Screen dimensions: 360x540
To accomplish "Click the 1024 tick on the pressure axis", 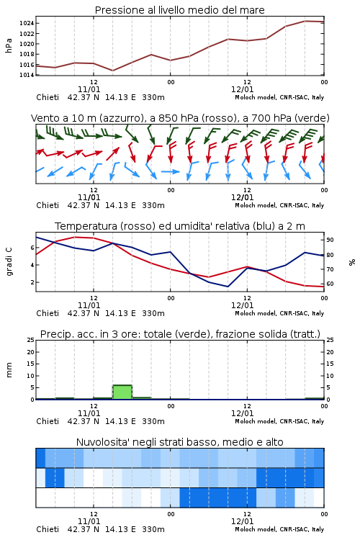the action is pos(26,24).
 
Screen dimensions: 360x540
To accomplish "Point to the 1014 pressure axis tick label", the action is pos(26,75).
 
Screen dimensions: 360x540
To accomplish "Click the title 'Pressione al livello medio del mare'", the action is pos(180,10).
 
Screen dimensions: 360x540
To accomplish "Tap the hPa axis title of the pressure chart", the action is pos(9,45).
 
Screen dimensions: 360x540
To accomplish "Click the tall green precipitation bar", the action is pos(122,392).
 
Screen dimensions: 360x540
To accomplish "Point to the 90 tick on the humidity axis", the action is pos(330,240).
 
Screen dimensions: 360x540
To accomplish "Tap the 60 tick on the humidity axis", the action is pos(330,284).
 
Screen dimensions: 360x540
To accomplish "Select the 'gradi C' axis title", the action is pos(9,261).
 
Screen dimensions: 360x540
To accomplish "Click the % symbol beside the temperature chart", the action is pos(352,262).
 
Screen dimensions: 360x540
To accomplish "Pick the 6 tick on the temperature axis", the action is pos(32,248).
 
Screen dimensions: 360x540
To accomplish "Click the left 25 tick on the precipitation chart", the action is pos(31,340).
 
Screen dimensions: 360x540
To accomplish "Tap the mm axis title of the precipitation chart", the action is pos(9,369).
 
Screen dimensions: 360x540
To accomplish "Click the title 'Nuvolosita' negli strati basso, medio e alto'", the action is pos(180,442).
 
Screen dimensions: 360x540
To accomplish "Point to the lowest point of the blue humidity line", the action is pos(228,287).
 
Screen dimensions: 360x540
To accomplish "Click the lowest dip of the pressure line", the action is pos(112,71).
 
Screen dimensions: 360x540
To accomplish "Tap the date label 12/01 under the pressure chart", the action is pos(242,89).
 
